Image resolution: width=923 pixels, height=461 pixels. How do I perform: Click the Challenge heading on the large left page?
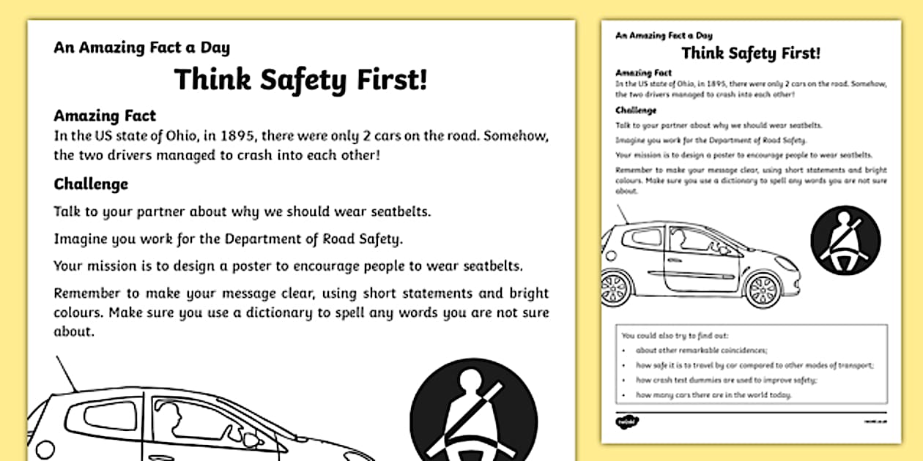pos(91,184)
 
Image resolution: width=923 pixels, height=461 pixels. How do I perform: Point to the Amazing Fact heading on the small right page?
pos(644,73)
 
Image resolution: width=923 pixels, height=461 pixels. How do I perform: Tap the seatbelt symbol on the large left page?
pos(473,410)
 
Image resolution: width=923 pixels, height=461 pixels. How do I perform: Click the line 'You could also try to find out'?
pos(675,336)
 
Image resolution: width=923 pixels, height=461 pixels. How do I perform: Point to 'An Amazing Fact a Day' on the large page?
pos(141,48)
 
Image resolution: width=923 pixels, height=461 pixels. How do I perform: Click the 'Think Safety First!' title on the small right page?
pos(751,53)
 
